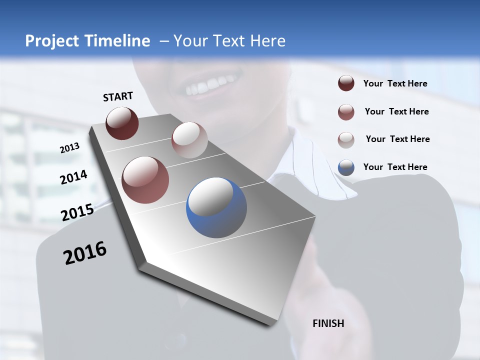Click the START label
(118, 96)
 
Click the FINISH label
(328, 323)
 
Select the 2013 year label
(69, 147)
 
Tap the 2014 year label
(73, 177)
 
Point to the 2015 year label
(77, 212)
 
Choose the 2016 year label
(85, 253)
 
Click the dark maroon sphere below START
(122, 123)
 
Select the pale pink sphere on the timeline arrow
(189, 140)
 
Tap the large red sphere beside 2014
(145, 180)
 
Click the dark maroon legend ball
(346, 83)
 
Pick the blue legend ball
(346, 167)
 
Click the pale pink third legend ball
(346, 139)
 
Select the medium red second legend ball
(346, 111)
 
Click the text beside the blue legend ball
(395, 167)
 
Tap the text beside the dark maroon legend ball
(395, 83)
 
